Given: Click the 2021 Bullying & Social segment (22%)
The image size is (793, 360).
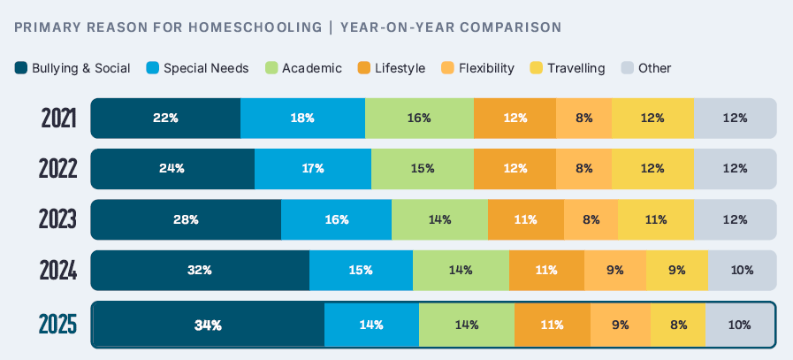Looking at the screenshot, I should [165, 118].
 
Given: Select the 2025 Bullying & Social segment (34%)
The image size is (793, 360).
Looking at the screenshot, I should [209, 325].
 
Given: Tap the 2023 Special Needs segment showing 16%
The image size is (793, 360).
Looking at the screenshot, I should [336, 219].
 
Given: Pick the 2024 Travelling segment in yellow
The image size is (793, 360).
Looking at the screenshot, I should [676, 270].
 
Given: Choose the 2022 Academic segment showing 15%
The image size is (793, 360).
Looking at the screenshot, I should [422, 168].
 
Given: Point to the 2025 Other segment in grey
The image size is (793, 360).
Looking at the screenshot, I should [739, 325].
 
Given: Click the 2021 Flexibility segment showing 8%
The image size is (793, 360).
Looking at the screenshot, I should [583, 118].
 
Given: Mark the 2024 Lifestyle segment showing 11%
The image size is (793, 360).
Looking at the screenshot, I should [545, 270].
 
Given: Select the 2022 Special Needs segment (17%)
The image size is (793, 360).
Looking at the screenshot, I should [312, 168].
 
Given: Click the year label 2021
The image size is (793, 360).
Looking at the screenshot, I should [58, 119].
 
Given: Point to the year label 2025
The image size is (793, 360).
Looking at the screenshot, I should [58, 326].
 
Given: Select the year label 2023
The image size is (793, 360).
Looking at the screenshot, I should [58, 220].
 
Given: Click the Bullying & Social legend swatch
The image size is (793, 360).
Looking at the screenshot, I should [21, 68].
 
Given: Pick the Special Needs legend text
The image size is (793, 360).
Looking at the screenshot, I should [206, 68].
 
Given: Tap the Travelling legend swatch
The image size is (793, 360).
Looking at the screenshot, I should [536, 68].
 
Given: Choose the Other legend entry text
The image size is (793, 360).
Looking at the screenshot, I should [654, 68].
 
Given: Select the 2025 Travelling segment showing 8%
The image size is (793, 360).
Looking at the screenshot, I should [678, 325].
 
